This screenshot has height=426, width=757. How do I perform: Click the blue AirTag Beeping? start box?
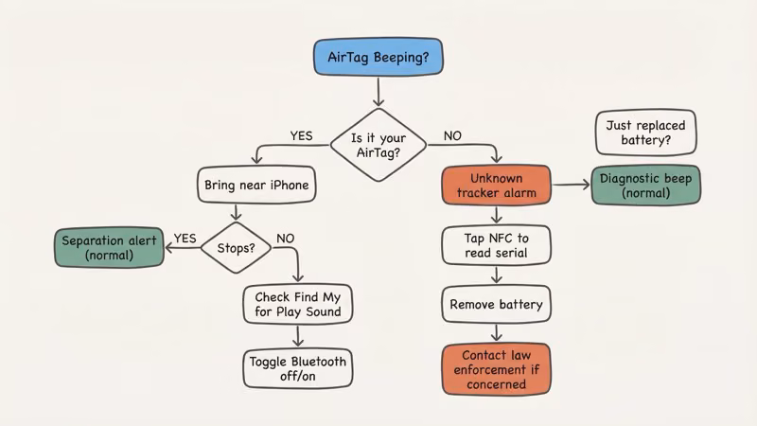coord(378,58)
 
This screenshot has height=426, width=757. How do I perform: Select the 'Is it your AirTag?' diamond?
coord(378,144)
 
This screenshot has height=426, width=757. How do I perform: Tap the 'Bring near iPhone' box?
coord(256,186)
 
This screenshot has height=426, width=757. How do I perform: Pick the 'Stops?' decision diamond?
coord(236,248)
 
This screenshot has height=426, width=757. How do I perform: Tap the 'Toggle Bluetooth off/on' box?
coord(297,369)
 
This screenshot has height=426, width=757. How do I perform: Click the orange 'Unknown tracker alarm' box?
coord(496,186)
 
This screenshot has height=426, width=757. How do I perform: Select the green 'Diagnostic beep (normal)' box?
coord(645,186)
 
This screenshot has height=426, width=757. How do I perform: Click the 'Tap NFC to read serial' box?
coord(496,245)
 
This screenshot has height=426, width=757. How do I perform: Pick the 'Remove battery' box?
coord(496,305)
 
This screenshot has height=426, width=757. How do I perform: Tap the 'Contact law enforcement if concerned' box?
coord(496,368)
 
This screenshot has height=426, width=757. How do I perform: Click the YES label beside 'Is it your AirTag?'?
coord(300,136)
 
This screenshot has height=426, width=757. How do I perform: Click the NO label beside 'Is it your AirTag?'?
coord(452,136)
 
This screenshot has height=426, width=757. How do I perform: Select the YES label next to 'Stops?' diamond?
coord(185,239)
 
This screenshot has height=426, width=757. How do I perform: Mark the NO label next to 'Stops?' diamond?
coord(285,239)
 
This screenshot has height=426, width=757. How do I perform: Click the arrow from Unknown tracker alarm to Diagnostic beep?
coord(571,186)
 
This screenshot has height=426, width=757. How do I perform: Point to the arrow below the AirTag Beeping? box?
coord(378,91)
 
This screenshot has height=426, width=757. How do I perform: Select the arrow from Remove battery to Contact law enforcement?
coord(496,332)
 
